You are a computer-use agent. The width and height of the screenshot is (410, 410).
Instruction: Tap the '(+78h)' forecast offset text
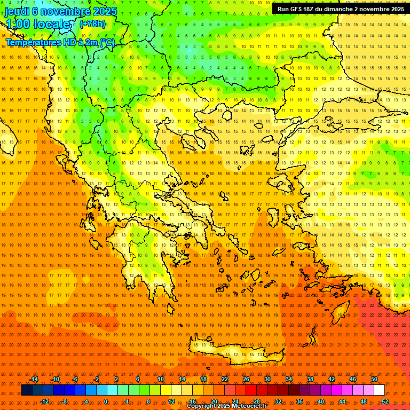(x=92, y=24)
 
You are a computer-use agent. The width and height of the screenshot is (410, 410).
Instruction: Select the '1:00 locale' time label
(x=41, y=25)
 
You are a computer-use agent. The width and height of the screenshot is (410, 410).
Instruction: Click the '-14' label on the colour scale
(x=34, y=379)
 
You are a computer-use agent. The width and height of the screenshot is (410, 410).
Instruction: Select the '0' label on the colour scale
(x=106, y=401)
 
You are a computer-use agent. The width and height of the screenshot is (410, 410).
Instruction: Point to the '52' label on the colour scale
(x=385, y=401)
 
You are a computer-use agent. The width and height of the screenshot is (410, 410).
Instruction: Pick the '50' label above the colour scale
(x=374, y=379)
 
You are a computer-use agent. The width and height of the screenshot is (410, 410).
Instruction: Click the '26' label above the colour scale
(x=246, y=379)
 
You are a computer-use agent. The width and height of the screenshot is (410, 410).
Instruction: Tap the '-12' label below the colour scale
(x=44, y=401)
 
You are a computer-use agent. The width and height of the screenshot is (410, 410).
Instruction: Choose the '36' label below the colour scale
(x=299, y=401)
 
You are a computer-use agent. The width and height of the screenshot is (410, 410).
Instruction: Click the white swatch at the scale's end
(x=379, y=390)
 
